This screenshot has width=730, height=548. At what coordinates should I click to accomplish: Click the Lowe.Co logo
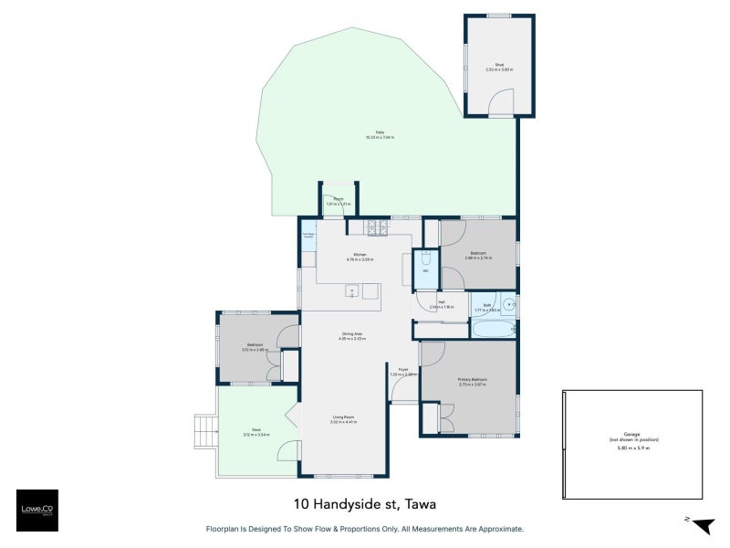(x=36, y=511)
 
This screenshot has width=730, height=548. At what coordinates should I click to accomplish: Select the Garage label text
(x=631, y=435)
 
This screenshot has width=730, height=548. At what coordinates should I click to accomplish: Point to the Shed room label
(x=499, y=64)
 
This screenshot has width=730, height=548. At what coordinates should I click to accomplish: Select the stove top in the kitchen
(x=377, y=226)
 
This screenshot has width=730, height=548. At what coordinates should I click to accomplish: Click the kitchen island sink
(x=350, y=291)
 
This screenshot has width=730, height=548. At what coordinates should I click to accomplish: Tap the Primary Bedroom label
(x=473, y=379)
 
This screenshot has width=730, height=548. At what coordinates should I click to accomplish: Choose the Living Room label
(x=344, y=417)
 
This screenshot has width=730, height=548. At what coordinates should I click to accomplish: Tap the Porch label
(x=338, y=199)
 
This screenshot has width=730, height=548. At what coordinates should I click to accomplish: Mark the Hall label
(x=442, y=302)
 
